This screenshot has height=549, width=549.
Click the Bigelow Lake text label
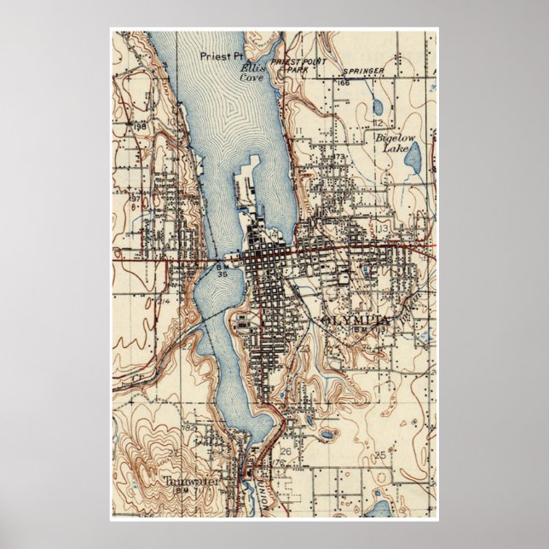point(390,142)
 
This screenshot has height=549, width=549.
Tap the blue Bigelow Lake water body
point(413,157)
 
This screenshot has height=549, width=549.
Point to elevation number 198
point(139,125)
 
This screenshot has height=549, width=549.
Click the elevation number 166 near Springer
point(344,84)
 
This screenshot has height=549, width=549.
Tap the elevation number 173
point(338,158)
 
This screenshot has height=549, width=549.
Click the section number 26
point(286,452)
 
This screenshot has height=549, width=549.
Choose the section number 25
point(380,454)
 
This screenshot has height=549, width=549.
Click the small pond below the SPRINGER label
point(377,108)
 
